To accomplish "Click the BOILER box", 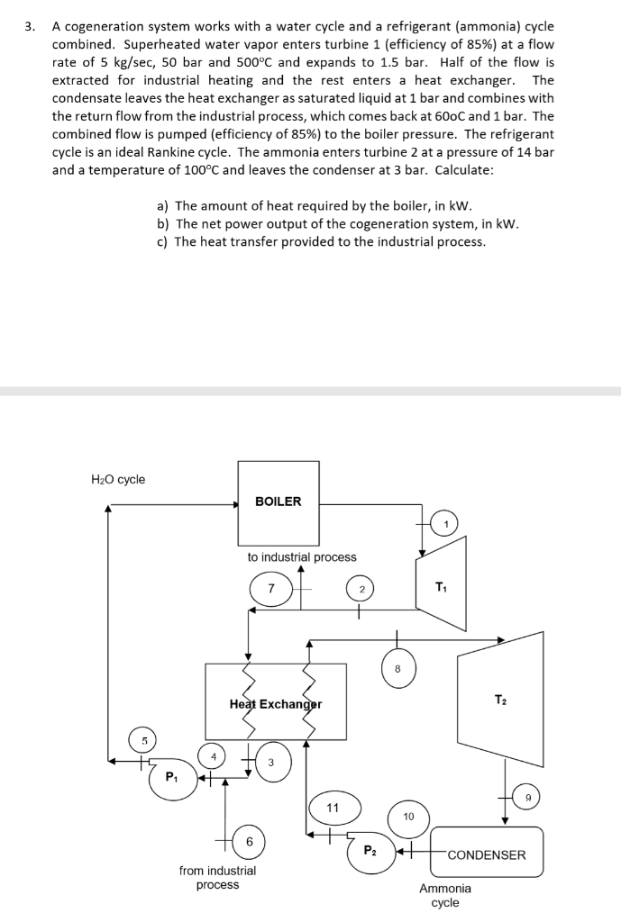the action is [279, 502].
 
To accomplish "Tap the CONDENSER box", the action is [487, 854].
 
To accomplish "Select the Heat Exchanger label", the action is [276, 703].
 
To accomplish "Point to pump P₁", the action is [170, 776].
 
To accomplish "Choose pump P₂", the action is [371, 851].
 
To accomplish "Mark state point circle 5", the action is [142, 740].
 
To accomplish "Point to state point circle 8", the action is [397, 667].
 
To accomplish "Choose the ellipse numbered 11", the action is [333, 808].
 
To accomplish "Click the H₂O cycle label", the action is [118, 479].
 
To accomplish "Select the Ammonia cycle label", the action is [444, 895].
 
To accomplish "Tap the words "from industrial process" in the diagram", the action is [217, 878].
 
